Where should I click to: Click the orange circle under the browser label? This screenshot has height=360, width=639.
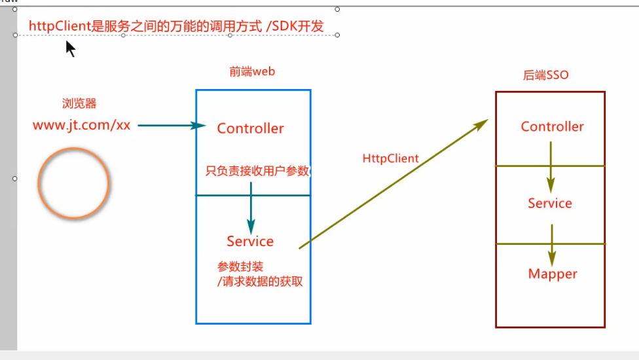click(x=73, y=183)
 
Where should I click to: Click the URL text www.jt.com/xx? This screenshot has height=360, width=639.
click(x=82, y=125)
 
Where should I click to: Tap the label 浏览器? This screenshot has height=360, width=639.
click(x=79, y=103)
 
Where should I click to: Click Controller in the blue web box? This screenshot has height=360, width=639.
click(x=251, y=128)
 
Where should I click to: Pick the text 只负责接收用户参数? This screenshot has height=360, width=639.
click(x=257, y=171)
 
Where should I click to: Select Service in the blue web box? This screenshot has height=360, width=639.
click(x=250, y=242)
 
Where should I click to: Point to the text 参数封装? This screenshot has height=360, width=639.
click(x=240, y=267)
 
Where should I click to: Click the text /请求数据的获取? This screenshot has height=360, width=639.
click(x=261, y=282)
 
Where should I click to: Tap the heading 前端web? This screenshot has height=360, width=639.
click(x=252, y=72)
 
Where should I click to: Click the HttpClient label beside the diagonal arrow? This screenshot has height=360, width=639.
click(x=391, y=158)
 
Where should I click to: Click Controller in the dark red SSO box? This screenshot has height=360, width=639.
click(x=553, y=126)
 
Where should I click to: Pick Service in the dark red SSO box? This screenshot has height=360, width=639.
click(x=550, y=204)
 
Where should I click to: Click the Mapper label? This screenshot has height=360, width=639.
click(x=553, y=274)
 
